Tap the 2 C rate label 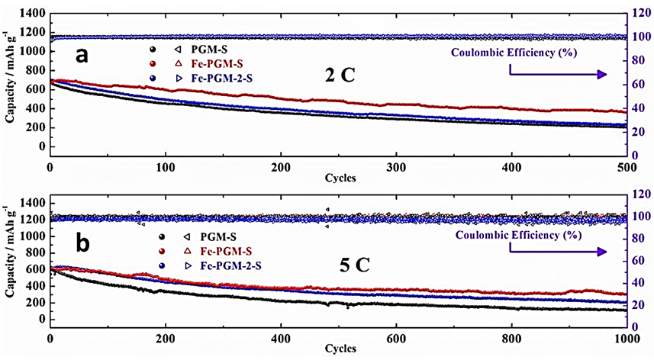click(x=339, y=76)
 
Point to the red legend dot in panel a click(x=156, y=66)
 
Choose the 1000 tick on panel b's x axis click(x=625, y=339)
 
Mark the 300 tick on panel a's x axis click(x=395, y=167)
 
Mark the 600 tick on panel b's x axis click(x=395, y=339)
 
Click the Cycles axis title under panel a click(x=337, y=178)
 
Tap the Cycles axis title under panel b click(x=337, y=349)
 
